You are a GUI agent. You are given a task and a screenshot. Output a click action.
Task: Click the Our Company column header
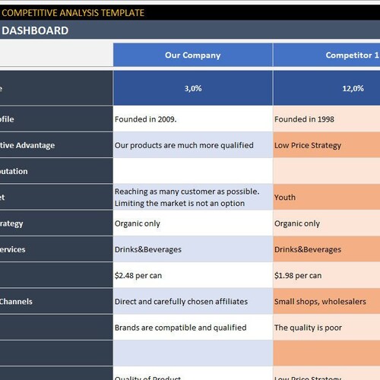pyautogui.click(x=192, y=55)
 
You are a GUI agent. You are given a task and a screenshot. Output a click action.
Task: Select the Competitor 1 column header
pyautogui.click(x=352, y=55)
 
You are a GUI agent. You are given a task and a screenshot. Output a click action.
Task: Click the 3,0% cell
pyautogui.click(x=192, y=88)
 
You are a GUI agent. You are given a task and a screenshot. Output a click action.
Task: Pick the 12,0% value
pyautogui.click(x=352, y=88)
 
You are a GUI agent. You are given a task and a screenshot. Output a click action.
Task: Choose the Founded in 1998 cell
pyautogui.click(x=304, y=119)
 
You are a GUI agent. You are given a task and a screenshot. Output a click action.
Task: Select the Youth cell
pyautogui.click(x=285, y=198)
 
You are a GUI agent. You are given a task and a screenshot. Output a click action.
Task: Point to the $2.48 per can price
pyautogui.click(x=141, y=275)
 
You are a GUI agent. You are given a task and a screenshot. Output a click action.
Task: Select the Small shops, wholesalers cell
pyautogui.click(x=320, y=302)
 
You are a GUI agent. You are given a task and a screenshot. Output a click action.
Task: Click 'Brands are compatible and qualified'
pyautogui.click(x=180, y=328)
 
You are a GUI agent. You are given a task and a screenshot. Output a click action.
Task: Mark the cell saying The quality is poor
pyautogui.click(x=309, y=328)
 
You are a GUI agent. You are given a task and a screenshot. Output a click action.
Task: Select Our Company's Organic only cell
pyautogui.click(x=138, y=223)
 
